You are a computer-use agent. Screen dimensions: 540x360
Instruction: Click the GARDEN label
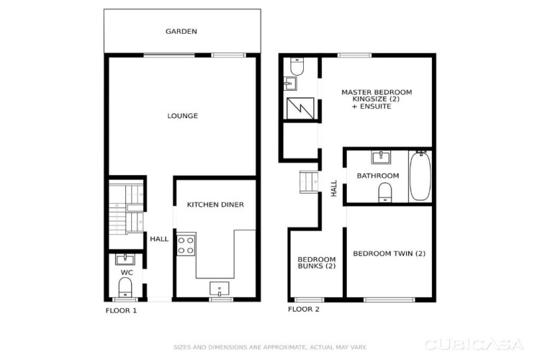(x=181, y=32)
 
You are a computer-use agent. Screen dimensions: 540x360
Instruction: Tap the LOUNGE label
(x=183, y=116)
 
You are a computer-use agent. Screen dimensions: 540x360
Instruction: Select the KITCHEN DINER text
(x=215, y=204)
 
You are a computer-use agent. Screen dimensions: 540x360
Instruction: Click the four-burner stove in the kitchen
(x=186, y=245)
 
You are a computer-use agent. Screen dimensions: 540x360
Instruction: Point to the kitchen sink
(x=220, y=289)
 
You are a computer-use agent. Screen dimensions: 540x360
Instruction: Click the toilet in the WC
(x=125, y=287)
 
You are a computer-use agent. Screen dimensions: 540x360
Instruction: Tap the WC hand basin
(x=125, y=259)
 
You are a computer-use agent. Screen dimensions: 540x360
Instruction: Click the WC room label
(x=127, y=272)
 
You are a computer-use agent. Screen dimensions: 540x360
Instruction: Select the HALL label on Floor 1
(x=159, y=239)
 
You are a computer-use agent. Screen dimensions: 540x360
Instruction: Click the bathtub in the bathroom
(x=420, y=176)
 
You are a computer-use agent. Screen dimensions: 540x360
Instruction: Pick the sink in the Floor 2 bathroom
(x=381, y=157)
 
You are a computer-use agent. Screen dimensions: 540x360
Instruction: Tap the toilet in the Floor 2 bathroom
(x=385, y=192)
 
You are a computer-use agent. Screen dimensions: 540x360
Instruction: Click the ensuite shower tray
(x=300, y=109)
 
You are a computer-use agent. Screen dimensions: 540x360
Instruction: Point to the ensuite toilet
(x=297, y=66)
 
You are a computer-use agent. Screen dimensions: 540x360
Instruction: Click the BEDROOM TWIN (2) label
(x=389, y=253)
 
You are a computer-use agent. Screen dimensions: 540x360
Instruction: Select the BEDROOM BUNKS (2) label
(x=317, y=263)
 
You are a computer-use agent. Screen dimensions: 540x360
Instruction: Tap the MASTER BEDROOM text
(x=377, y=92)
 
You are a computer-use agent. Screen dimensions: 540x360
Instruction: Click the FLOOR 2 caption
(x=303, y=310)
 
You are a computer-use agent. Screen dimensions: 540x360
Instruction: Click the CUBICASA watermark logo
(x=474, y=344)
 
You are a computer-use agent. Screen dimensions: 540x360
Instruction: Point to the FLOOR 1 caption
(x=121, y=311)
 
